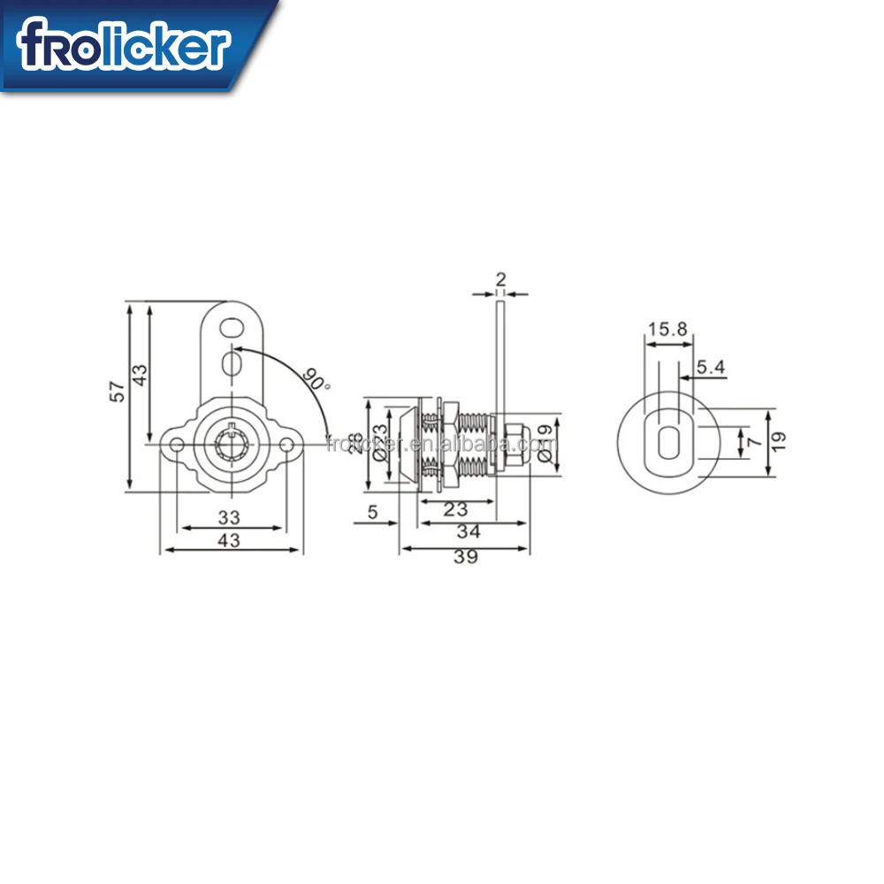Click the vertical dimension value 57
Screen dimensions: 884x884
[117, 391]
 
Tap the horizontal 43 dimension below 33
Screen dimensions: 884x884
[229, 541]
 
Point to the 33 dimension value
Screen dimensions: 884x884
[229, 517]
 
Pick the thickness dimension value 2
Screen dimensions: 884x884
[501, 280]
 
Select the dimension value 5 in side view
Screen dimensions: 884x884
[372, 511]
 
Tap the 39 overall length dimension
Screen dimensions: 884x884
[465, 556]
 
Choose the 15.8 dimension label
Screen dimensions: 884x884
[667, 329]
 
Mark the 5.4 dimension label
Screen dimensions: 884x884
[710, 365]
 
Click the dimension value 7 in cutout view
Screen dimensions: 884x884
[753, 439]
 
